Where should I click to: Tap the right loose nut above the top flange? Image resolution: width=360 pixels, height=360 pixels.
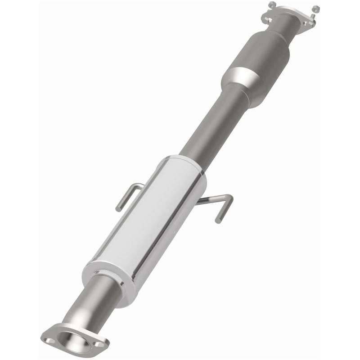315,9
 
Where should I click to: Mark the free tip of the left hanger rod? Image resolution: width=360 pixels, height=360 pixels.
118,209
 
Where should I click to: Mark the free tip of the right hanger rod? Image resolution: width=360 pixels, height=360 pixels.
218,220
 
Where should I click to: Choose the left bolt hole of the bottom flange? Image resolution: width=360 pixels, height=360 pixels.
49,336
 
